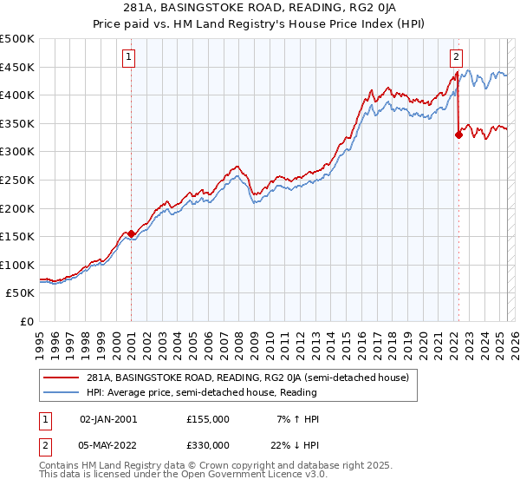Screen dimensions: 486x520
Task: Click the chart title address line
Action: click(259, 10)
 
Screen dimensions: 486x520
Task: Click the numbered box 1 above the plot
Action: click(128, 58)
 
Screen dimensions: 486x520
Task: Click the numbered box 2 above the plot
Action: click(456, 58)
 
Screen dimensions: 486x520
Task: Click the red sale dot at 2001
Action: click(131, 233)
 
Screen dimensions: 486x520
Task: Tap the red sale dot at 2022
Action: click(458, 135)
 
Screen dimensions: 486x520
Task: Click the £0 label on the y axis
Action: click(26, 321)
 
